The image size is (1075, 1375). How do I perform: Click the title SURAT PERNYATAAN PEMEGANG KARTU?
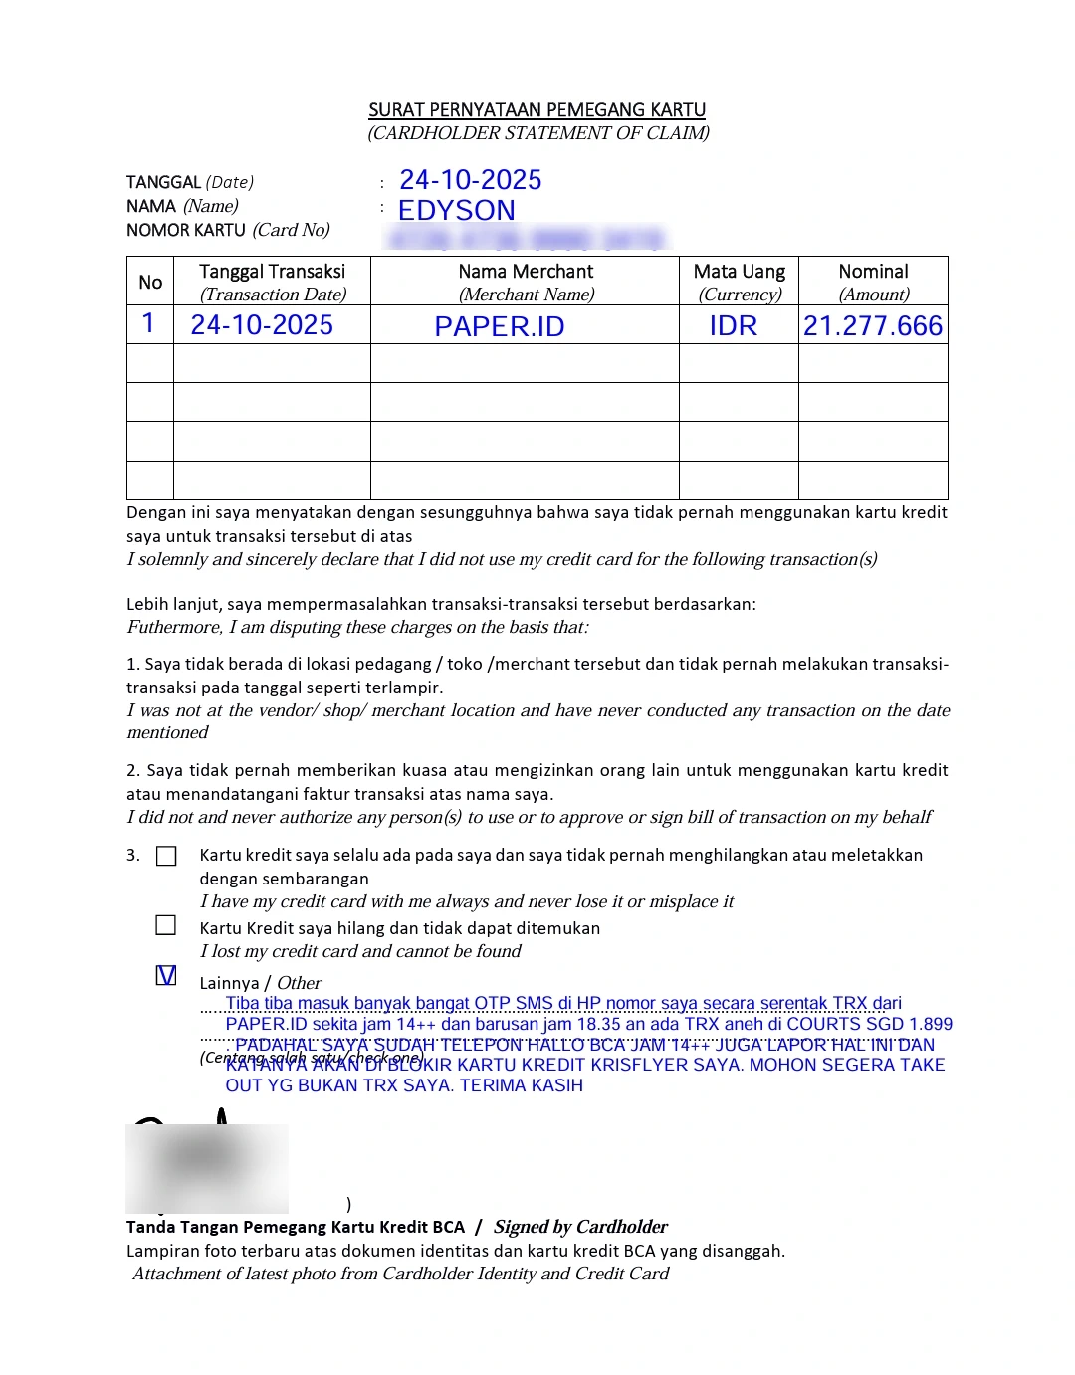click(x=537, y=110)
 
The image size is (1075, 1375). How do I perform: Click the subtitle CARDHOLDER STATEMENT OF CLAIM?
click(x=538, y=133)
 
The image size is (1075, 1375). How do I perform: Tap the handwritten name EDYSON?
click(x=456, y=211)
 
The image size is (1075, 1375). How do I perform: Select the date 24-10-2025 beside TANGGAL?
click(x=470, y=180)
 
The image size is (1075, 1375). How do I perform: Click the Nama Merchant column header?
click(x=526, y=272)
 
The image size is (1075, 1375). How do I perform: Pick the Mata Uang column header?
click(x=739, y=272)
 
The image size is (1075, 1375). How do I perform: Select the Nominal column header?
click(x=873, y=272)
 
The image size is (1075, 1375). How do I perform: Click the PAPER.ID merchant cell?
click(x=500, y=326)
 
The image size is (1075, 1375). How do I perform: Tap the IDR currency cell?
click(x=734, y=326)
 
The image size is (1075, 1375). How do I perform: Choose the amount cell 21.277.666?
click(x=873, y=326)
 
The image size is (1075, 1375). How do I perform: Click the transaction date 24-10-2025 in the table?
click(x=262, y=325)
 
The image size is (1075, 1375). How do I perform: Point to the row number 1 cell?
click(x=149, y=324)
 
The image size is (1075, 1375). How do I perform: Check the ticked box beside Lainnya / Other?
click(x=166, y=976)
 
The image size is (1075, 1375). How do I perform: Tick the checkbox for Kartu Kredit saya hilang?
click(x=166, y=926)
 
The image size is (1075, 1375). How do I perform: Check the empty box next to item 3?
click(x=166, y=856)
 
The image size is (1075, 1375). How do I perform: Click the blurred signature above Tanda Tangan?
click(x=206, y=1166)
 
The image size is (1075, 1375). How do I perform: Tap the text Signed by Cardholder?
click(x=580, y=1227)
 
